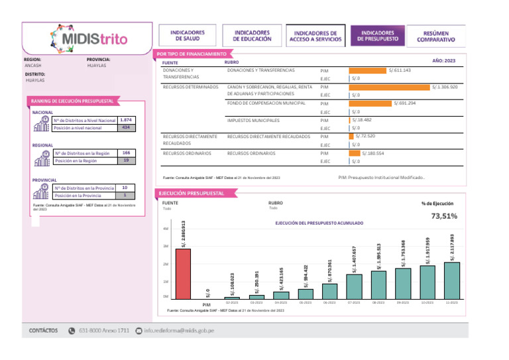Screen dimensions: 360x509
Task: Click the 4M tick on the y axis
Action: [x=166, y=229]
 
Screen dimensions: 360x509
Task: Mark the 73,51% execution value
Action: [x=443, y=216]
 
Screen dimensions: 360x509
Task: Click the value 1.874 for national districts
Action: [x=125, y=120]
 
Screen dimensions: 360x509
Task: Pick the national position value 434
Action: [x=125, y=127]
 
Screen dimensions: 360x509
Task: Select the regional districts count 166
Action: [x=125, y=153]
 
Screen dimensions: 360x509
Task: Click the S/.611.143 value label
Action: [x=400, y=70]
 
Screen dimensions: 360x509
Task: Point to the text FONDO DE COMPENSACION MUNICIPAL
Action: [x=266, y=104]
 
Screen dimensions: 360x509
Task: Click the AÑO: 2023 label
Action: [x=443, y=60]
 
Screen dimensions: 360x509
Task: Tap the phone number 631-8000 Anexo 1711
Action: [x=103, y=330]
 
